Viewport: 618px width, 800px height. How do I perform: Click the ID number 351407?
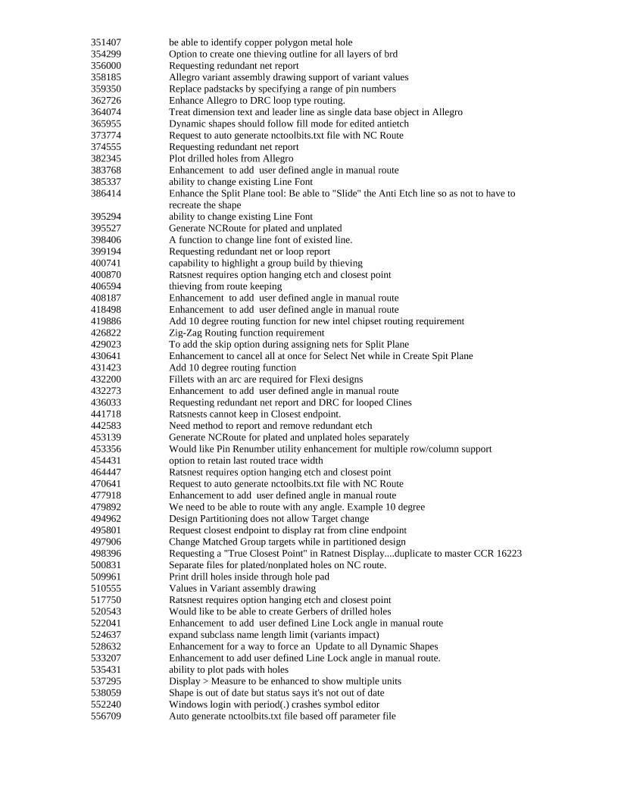(105, 42)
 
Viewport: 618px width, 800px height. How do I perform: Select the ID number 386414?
(105, 193)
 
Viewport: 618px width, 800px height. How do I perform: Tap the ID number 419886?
(105, 321)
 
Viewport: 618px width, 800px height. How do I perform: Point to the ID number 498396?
(105, 553)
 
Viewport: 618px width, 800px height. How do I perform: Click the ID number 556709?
(105, 716)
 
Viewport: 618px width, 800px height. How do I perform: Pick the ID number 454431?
(105, 461)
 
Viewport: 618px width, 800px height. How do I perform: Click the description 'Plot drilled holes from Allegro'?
(230, 158)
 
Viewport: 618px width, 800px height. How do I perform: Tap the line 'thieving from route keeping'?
(225, 286)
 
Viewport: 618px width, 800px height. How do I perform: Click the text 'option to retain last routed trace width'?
(246, 461)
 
